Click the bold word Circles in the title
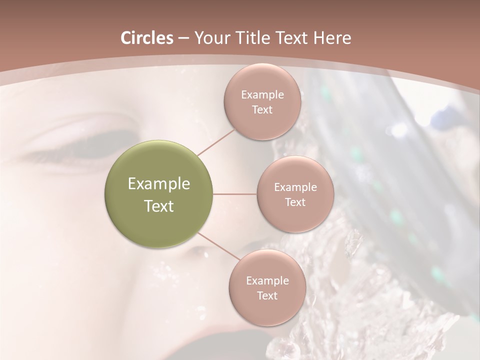[146, 38]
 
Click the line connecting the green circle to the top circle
[216, 141]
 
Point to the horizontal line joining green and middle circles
[235, 194]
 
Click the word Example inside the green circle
[159, 184]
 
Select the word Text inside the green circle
[159, 206]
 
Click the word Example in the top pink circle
[262, 95]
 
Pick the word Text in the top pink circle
[262, 110]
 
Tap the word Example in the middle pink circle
[295, 187]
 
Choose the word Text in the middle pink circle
[295, 202]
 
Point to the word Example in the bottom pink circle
[267, 281]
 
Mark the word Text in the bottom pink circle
[267, 296]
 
